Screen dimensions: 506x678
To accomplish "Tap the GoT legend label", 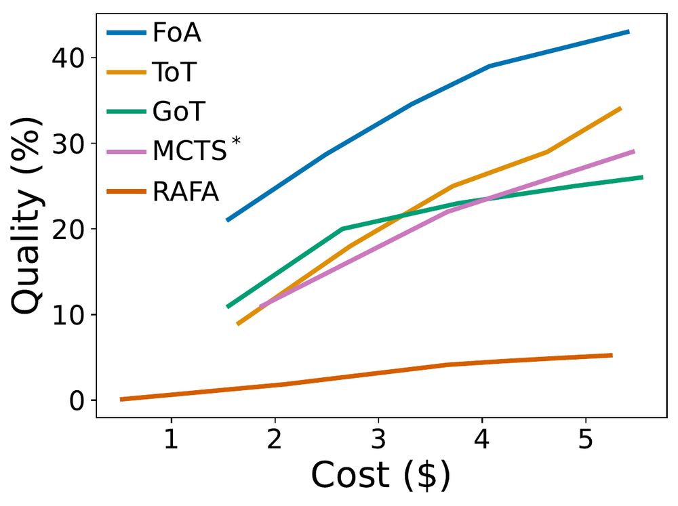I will tap(178, 111).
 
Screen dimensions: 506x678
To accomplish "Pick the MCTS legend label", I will tap(189, 151).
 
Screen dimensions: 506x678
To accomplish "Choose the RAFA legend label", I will tap(186, 192).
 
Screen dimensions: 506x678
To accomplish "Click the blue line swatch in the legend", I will tap(127, 33).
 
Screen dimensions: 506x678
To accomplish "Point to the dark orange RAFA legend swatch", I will tap(127, 192).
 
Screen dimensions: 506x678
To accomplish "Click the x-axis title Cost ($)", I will tap(380, 476).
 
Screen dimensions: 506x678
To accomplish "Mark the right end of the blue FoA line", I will tap(628, 32).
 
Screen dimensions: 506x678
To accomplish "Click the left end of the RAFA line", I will tap(121, 400).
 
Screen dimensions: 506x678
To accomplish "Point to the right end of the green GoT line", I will tap(641, 177).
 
